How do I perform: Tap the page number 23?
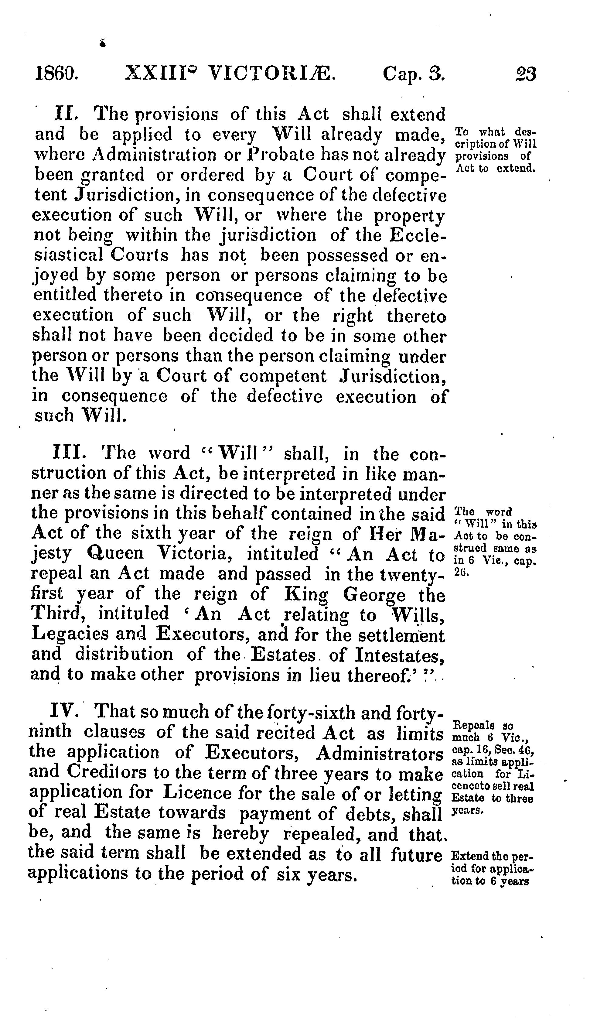(x=526, y=74)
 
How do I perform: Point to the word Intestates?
(x=398, y=654)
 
